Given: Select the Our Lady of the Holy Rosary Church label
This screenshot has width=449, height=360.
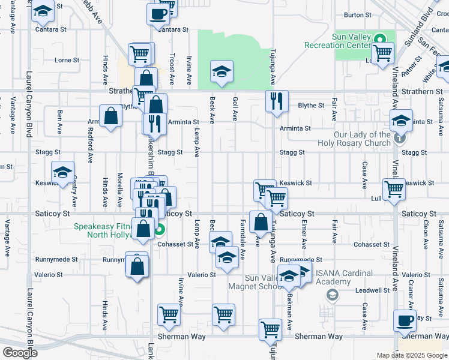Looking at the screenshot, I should [x=354, y=139].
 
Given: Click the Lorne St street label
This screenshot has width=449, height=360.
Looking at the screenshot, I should [x=67, y=60].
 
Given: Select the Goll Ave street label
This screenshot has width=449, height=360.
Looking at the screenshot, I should [x=235, y=108].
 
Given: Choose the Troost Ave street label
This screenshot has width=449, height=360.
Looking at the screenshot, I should [x=172, y=66].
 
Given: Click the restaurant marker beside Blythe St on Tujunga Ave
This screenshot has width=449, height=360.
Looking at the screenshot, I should [x=277, y=101].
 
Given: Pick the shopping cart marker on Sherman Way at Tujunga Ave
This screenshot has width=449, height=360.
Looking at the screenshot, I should [x=271, y=329].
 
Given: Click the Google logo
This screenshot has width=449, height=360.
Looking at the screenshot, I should [x=19, y=353].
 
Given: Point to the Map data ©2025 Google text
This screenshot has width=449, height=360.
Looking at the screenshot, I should [x=411, y=355].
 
